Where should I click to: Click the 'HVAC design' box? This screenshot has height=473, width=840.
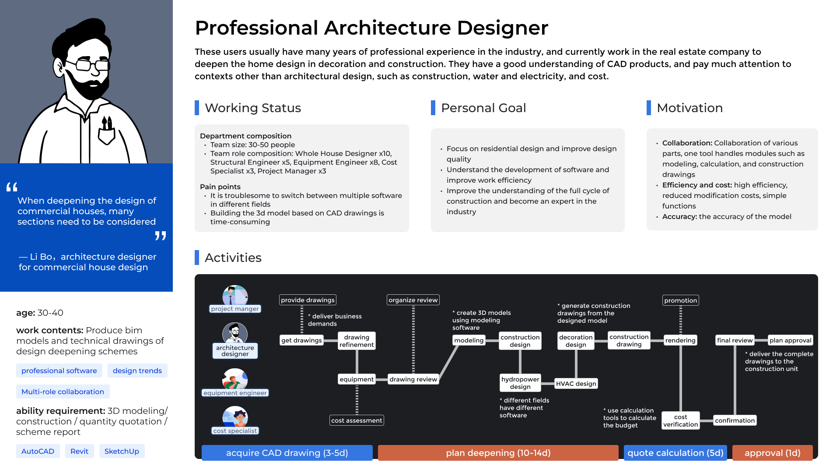[576, 384]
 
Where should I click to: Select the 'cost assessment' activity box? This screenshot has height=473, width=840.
[357, 420]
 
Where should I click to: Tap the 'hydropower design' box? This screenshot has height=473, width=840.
[520, 383]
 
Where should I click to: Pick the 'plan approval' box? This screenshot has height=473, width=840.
[790, 340]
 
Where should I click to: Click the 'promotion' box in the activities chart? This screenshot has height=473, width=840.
[680, 300]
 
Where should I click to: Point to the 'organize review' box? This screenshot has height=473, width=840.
[413, 300]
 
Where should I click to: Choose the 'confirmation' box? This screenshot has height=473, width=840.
[735, 420]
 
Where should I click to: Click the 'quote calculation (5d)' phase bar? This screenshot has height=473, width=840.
[675, 453]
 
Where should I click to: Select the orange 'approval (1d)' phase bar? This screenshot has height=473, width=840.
[772, 453]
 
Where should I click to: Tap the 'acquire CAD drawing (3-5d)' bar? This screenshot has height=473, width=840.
[287, 453]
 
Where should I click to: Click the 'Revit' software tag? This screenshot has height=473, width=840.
[79, 451]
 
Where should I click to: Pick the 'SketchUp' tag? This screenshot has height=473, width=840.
[122, 451]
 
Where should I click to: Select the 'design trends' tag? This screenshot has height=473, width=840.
[137, 371]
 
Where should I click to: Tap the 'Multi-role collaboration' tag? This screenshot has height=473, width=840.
[63, 392]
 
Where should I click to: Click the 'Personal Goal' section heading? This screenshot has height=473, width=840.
[483, 108]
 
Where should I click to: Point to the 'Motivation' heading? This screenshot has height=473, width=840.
[689, 108]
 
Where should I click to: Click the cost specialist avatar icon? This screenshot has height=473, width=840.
[235, 417]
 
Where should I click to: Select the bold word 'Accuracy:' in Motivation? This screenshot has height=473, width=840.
[679, 216]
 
